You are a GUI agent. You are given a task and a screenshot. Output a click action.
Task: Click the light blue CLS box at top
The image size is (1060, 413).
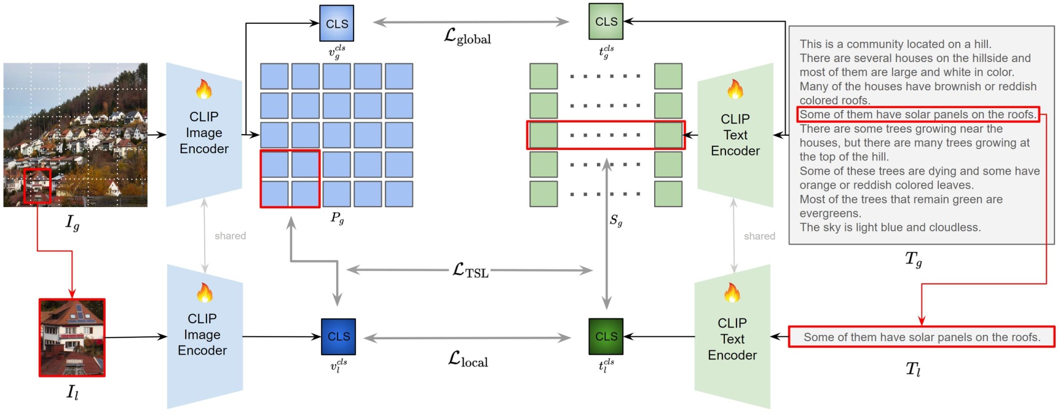(336, 23)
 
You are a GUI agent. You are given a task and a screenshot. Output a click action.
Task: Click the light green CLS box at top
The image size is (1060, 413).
(606, 22)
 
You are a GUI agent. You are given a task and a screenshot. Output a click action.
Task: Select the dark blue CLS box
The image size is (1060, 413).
(338, 336)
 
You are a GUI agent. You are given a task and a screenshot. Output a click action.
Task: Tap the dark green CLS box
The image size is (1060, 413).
(606, 336)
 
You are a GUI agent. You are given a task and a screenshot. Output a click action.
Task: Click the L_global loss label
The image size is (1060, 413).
(467, 36)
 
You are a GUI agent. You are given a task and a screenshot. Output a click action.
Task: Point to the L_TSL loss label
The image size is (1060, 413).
(470, 270)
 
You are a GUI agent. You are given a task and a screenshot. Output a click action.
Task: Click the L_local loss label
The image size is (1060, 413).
(468, 360)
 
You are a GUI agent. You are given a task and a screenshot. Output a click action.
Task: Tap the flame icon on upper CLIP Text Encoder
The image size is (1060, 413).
(735, 90)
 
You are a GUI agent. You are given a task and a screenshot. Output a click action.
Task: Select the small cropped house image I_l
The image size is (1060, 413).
(72, 337)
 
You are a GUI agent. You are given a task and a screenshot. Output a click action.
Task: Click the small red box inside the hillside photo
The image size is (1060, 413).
(37, 186)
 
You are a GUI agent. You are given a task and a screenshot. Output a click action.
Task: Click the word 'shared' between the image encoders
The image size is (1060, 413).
(230, 236)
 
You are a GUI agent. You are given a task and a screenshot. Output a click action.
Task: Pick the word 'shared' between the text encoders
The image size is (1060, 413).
(759, 236)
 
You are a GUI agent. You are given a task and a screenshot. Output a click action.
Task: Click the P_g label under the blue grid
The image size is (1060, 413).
(337, 218)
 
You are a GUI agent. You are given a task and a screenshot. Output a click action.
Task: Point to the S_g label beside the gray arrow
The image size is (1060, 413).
(616, 220)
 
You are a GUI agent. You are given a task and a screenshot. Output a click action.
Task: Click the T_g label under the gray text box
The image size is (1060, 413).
(913, 259)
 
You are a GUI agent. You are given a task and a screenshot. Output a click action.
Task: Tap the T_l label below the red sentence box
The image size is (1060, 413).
(913, 369)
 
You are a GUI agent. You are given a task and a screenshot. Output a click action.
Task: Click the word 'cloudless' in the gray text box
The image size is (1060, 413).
(955, 227)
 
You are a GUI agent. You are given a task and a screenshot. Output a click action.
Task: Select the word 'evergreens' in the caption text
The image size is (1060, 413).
(829, 213)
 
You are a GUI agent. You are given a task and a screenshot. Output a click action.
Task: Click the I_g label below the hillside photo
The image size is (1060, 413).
(73, 222)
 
